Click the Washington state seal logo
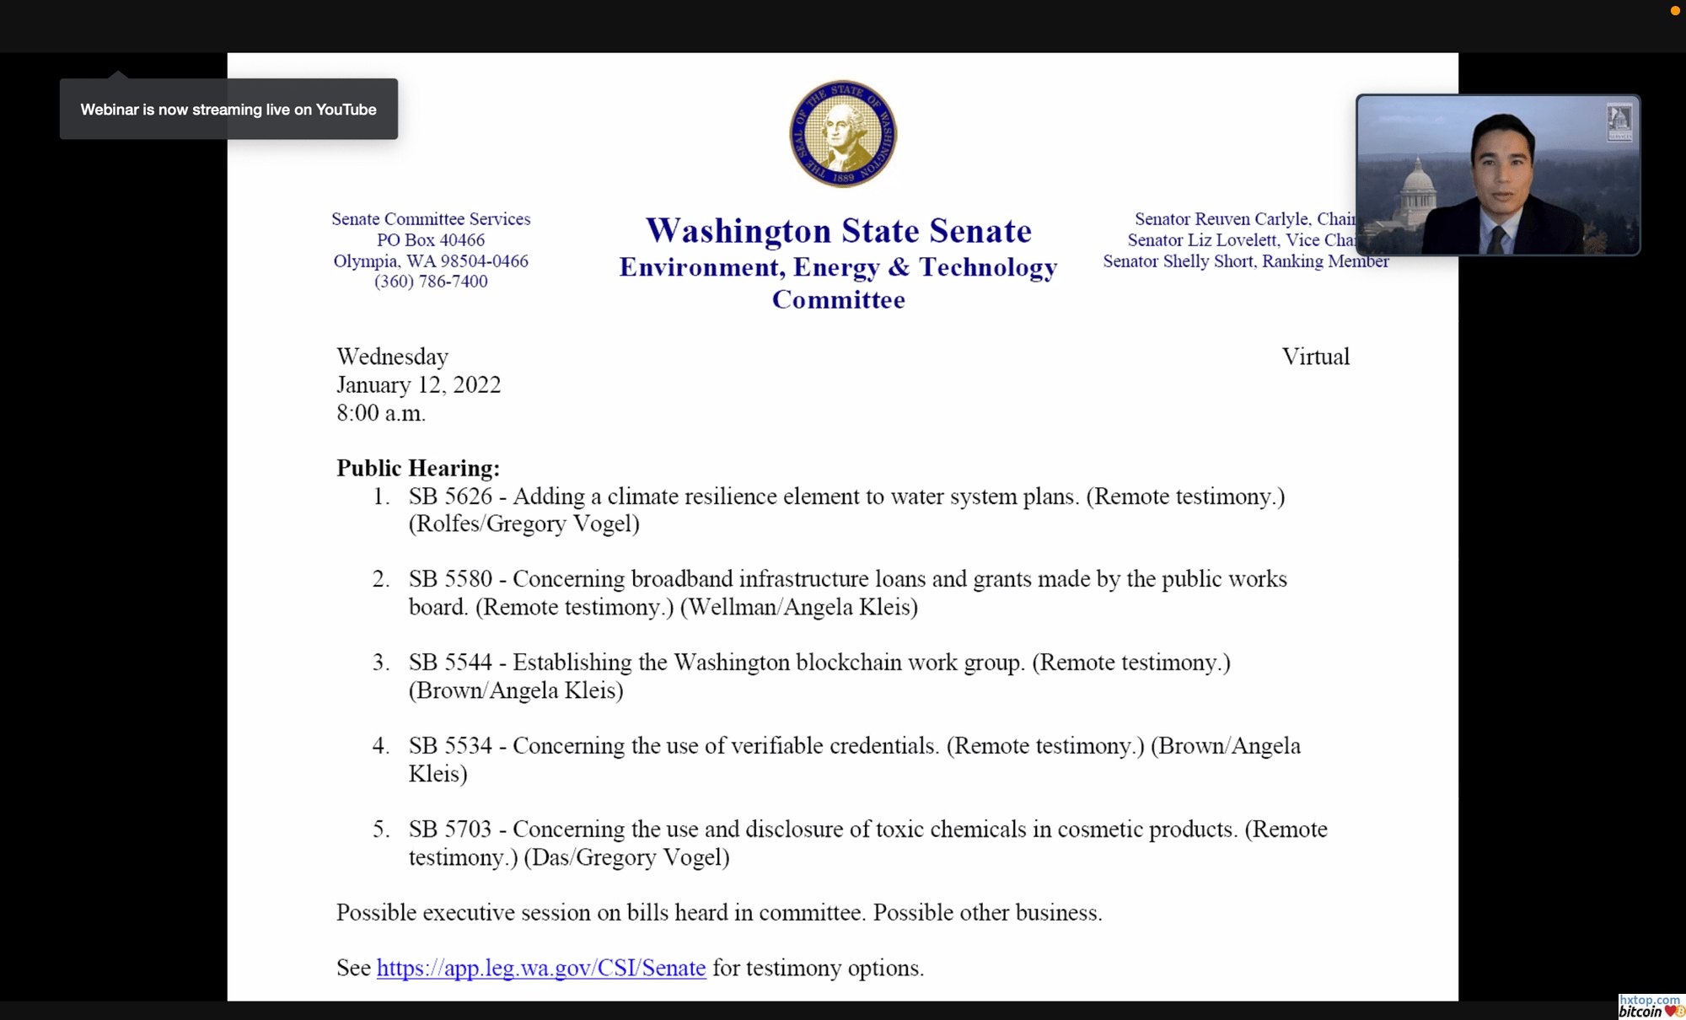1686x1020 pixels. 842,133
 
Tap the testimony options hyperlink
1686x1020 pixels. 540,968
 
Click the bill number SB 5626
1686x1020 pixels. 450,497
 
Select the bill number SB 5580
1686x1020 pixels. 450,579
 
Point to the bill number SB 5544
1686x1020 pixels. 450,663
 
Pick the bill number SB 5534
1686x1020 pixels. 450,746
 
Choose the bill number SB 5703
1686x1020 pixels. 450,829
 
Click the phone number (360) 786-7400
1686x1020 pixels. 431,282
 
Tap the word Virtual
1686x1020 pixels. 1315,357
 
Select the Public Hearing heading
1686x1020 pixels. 417,468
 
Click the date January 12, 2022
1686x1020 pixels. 418,385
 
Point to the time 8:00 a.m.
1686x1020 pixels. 381,413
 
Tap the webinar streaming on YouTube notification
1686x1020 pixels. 228,110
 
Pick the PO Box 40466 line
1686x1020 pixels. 431,240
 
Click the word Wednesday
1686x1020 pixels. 392,357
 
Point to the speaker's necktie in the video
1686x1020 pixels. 1497,240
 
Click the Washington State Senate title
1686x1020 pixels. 838,231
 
